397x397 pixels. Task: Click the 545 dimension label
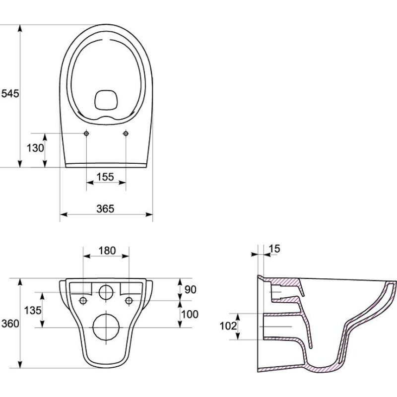tap(10, 94)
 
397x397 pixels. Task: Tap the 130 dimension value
tap(35, 148)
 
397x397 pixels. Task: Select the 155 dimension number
tap(105, 177)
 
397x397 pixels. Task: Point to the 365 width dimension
tap(105, 208)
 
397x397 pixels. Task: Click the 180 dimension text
tap(107, 251)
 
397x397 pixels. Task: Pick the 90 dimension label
tap(190, 290)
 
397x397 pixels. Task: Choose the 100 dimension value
tap(190, 314)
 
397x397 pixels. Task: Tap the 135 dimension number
tap(33, 310)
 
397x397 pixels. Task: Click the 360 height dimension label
tap(10, 324)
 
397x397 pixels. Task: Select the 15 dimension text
tap(274, 249)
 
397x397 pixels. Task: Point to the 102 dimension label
tap(228, 326)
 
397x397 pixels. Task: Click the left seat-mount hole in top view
tap(86, 133)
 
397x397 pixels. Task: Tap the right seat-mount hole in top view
tap(126, 133)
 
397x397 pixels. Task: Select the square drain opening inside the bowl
tap(106, 100)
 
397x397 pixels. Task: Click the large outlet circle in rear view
tap(106, 328)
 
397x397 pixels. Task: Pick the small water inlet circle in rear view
tap(106, 292)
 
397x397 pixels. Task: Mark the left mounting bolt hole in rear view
tap(83, 301)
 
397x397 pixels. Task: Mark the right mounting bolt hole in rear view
tap(129, 301)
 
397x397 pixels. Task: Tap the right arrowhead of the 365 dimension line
tap(149, 214)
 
